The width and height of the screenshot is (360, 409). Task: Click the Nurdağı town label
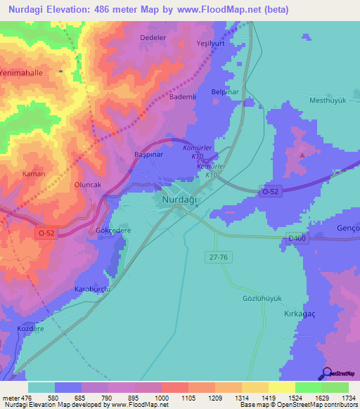point(181,200)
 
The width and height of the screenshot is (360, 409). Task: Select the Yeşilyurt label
point(209,43)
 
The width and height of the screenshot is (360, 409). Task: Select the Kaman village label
point(34,174)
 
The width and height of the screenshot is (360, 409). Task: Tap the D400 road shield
point(297,239)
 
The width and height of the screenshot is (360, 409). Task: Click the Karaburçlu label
point(94,289)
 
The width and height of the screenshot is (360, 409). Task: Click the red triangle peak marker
point(302,154)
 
